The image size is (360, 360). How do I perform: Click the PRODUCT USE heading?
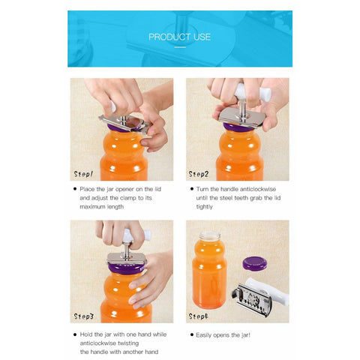tap(179, 37)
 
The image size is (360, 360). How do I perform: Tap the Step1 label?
tap(83, 174)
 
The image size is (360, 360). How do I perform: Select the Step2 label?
tap(199, 174)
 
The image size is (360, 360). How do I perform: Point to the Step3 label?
tap(84, 316)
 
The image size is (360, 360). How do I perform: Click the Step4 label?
tap(199, 316)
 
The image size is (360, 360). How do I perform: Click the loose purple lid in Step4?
tap(255, 263)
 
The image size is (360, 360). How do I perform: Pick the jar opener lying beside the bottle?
tap(260, 296)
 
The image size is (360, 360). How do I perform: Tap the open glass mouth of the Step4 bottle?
tap(210, 235)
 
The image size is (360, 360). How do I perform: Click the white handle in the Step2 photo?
tap(253, 92)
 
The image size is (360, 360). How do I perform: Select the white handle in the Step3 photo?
tap(136, 235)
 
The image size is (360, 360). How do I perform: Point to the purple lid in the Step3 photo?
tap(127, 268)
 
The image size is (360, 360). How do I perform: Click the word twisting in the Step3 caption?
tap(128, 343)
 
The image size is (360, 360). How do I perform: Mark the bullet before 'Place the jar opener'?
tap(75, 189)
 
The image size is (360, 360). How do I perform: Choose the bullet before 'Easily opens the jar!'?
tap(192, 334)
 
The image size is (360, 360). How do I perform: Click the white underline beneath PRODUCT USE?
tap(180, 47)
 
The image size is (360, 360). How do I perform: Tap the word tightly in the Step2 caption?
tap(204, 207)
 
